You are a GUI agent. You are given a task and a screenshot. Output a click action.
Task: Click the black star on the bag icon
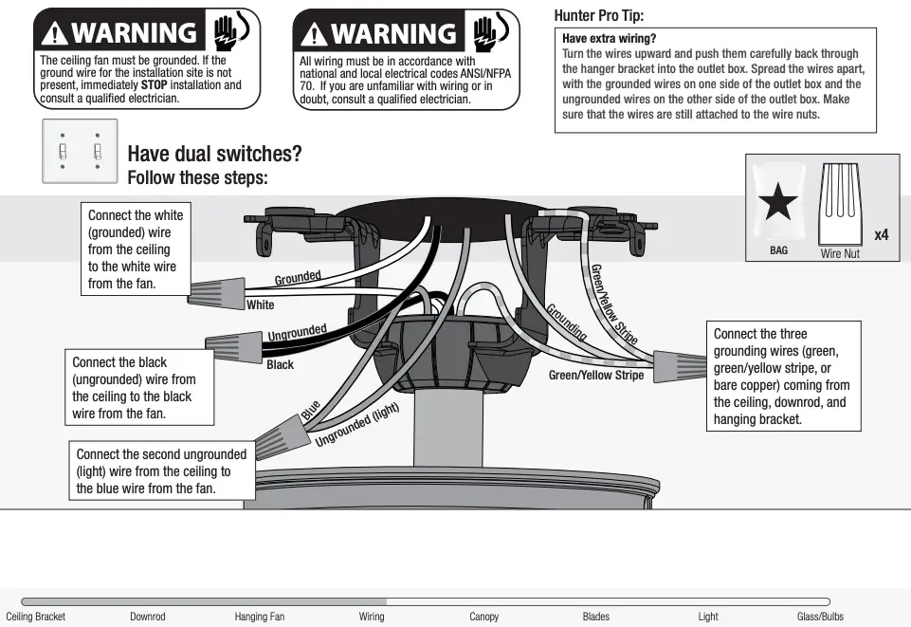click(778, 204)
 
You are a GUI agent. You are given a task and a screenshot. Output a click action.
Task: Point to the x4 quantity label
click(881, 234)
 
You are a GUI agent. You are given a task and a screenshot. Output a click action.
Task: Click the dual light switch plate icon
click(80, 151)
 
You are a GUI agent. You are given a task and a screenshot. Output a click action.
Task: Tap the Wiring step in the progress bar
click(372, 617)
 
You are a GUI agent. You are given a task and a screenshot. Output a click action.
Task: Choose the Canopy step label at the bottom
click(483, 617)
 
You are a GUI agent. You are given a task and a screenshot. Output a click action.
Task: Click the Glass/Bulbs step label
click(820, 617)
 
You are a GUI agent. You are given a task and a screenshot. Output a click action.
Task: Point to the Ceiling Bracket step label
click(36, 617)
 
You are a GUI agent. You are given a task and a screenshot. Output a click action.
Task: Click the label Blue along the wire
click(311, 412)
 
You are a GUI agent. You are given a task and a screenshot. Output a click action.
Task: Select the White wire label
click(261, 305)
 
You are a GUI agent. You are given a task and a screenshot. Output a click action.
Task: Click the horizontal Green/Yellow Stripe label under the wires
click(596, 376)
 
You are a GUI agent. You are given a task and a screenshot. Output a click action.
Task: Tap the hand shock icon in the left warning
click(228, 31)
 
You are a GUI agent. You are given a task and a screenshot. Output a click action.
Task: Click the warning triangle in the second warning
click(314, 35)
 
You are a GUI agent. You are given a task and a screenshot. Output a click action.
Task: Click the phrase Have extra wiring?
click(609, 39)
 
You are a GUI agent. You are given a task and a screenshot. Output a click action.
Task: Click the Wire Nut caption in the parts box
click(840, 253)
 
